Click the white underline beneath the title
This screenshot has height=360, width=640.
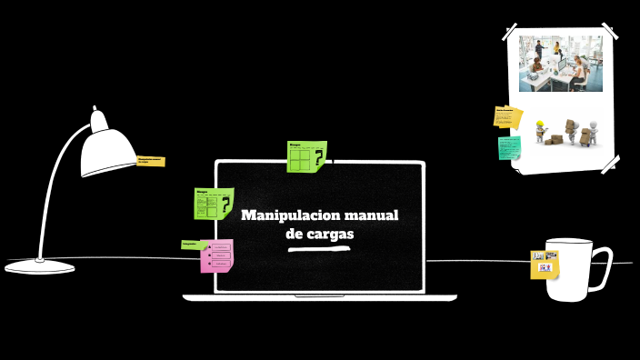click(319, 247)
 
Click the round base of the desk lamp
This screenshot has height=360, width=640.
click(39, 265)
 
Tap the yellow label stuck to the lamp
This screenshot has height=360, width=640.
click(150, 161)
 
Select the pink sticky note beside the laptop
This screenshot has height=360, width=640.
click(218, 256)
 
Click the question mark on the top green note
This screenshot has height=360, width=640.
click(319, 160)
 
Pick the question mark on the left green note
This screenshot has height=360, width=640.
click(225, 205)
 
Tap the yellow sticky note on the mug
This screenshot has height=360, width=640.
click(545, 265)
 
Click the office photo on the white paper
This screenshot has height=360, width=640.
click(561, 63)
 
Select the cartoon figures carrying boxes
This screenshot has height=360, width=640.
click(568, 131)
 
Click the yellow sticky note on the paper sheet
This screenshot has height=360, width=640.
click(507, 116)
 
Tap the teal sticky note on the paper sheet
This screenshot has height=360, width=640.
click(509, 147)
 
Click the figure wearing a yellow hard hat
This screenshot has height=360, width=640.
click(541, 131)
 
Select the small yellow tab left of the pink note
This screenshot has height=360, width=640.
click(190, 244)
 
